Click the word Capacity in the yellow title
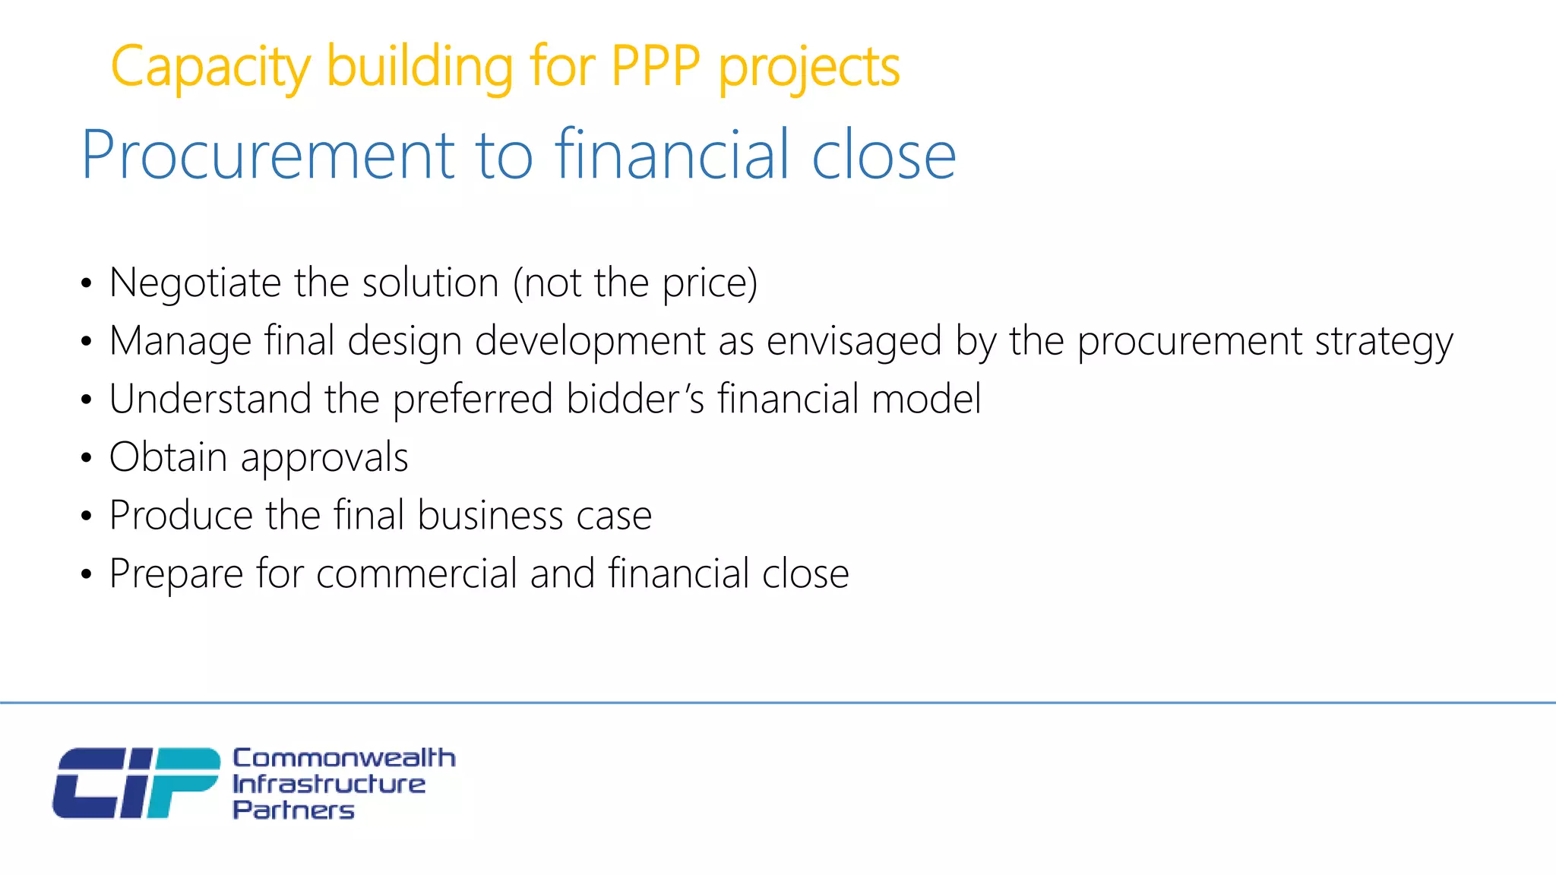210,67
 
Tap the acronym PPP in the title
655,67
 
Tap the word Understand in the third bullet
210,399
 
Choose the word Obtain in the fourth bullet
168,457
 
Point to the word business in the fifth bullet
490,516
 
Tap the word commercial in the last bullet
416,573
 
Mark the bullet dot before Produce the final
86,516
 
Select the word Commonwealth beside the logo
343,757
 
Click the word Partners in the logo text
293,810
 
